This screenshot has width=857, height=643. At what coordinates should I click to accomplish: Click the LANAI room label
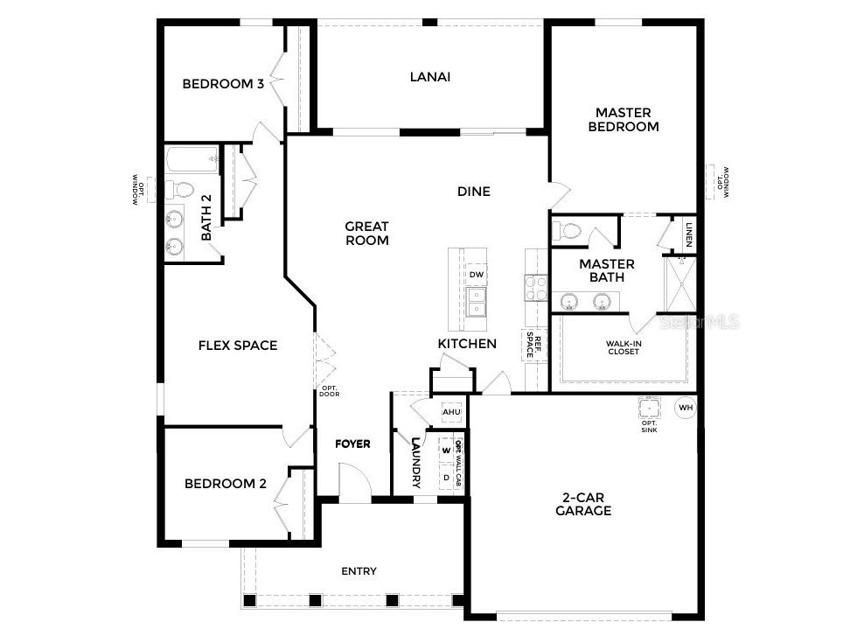(430, 77)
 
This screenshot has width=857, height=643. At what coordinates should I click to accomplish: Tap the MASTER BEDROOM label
(624, 120)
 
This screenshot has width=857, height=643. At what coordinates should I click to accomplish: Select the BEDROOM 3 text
(223, 84)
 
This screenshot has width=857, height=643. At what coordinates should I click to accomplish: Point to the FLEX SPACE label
(238, 346)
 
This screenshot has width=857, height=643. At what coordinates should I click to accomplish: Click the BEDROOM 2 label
(225, 484)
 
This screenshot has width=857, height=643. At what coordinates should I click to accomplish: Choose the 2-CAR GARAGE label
(583, 504)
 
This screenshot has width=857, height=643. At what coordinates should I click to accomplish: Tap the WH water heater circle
(686, 407)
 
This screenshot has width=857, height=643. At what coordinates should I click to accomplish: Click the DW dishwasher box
(476, 275)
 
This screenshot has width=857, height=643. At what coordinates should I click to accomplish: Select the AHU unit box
(451, 411)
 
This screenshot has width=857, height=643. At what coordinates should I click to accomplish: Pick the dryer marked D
(446, 478)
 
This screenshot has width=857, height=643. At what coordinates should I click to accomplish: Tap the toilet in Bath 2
(181, 189)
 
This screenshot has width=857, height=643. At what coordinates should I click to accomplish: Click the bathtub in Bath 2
(192, 160)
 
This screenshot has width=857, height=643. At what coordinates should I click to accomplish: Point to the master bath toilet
(568, 231)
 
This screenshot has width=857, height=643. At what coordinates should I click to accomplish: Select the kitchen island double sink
(475, 301)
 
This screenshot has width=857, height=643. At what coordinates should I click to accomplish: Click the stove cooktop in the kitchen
(534, 288)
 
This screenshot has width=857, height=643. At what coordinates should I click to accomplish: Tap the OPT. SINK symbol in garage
(649, 409)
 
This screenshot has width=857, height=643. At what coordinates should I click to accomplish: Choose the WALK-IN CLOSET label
(623, 348)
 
